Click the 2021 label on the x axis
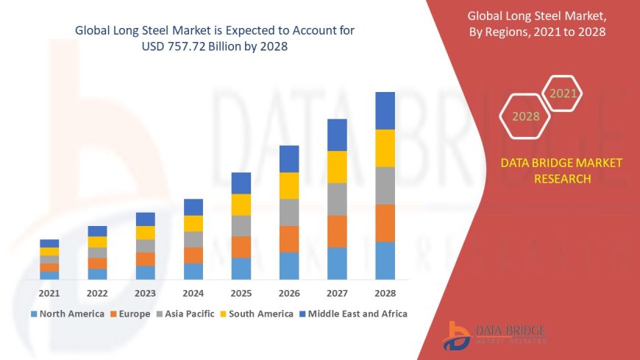pos(49,293)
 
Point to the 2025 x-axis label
pos(241,293)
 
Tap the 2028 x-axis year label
pos(385,293)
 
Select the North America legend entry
pos(67,314)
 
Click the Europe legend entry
pos(131,314)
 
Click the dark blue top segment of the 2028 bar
pos(385,110)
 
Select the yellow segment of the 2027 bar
pos(337,166)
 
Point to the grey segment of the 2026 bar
pos(289,212)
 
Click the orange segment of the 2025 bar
pos(241,247)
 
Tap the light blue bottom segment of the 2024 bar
pos(193,271)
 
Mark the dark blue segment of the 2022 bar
pos(97,231)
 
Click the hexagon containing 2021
pos(563,94)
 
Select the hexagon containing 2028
pos(525,116)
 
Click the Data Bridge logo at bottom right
pos(495,335)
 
